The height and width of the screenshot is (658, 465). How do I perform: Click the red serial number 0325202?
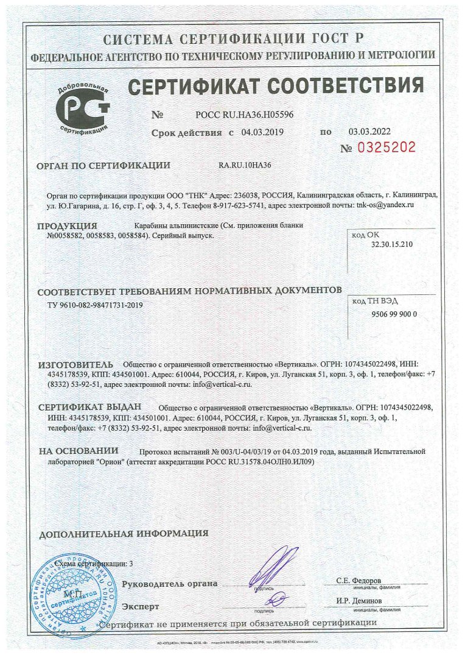[x=386, y=147]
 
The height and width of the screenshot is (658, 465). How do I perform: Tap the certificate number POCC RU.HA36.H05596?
[x=244, y=115]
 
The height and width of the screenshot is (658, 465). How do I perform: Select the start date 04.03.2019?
[x=263, y=132]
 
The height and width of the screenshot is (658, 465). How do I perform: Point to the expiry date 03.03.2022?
[x=369, y=132]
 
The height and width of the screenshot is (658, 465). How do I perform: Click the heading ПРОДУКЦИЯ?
[x=67, y=226]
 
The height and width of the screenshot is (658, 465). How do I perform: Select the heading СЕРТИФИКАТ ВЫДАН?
[x=89, y=408]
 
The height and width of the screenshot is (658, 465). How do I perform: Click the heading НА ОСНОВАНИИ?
[x=79, y=451]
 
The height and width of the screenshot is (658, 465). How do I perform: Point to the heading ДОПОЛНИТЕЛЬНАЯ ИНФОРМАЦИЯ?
[x=124, y=534]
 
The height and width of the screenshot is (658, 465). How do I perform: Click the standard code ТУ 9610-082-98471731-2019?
[x=95, y=305]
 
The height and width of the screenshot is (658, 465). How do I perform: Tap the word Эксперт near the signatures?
[x=141, y=607]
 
